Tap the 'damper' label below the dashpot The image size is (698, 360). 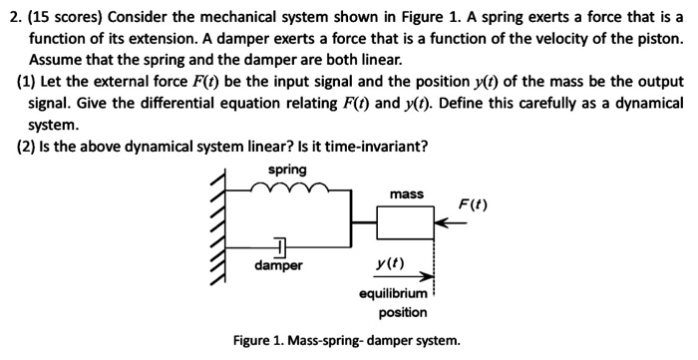tap(278, 266)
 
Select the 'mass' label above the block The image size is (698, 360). tap(407, 193)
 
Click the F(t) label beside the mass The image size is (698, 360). tap(473, 205)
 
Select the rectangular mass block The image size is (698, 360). tap(406, 223)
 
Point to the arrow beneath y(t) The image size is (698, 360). tap(404, 277)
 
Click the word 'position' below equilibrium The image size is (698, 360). tap(403, 312)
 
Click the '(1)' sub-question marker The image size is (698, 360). tap(28, 81)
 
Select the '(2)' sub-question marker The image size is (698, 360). tap(28, 147)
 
